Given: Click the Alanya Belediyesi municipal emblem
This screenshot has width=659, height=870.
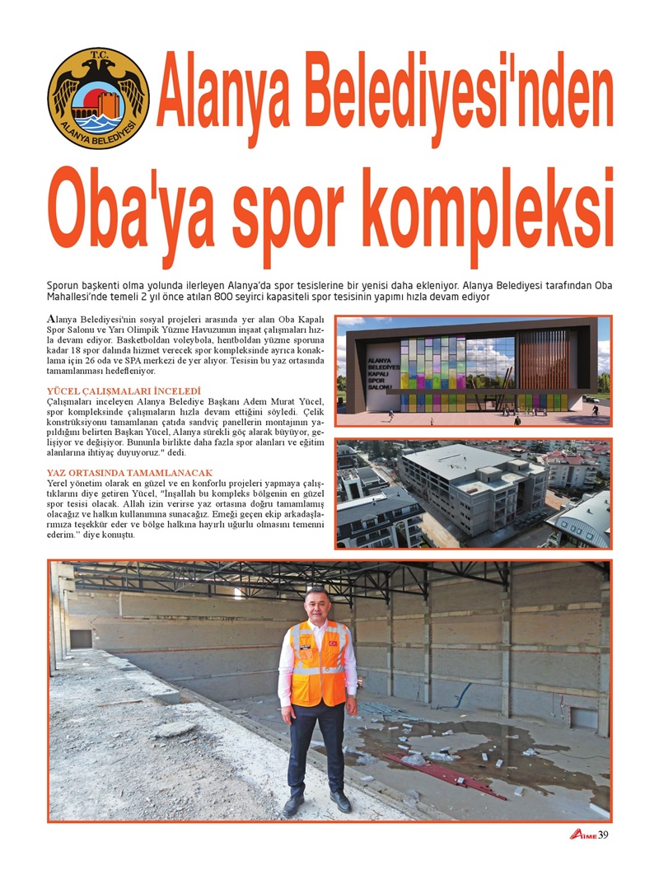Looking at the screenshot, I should coord(98,98).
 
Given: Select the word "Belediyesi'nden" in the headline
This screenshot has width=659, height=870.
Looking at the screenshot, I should coord(385,98).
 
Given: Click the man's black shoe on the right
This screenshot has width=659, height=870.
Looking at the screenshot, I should coord(340,801).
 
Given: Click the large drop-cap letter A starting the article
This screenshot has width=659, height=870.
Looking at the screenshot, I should coord(52,319).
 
